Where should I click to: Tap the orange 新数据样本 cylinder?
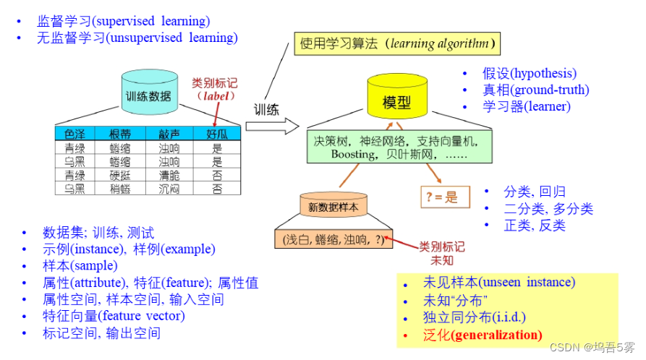(x=333, y=207)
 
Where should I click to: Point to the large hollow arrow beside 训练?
(x=272, y=126)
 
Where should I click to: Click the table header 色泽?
(x=75, y=134)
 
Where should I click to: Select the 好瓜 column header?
(x=217, y=134)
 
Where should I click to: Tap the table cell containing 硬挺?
(x=120, y=175)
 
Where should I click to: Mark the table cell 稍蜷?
(x=120, y=189)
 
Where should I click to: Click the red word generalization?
(x=499, y=335)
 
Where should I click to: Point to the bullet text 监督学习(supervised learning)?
(x=124, y=21)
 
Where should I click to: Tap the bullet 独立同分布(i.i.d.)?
(x=474, y=317)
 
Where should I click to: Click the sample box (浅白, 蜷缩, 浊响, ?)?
(x=334, y=239)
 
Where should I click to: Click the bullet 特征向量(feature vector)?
(x=114, y=316)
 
